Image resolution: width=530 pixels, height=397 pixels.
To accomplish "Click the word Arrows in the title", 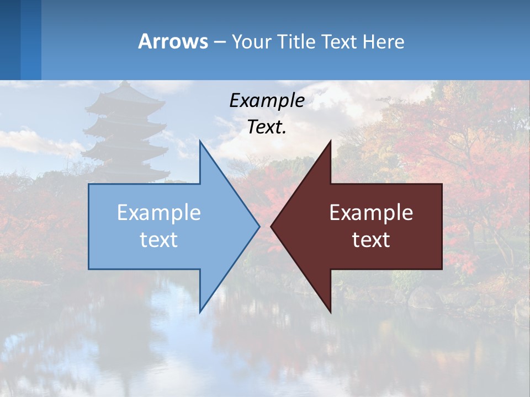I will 173,41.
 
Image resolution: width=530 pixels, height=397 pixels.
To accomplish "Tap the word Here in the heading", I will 383,41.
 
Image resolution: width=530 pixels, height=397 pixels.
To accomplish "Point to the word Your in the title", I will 251,41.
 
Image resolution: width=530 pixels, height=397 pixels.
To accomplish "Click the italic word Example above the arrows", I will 267,100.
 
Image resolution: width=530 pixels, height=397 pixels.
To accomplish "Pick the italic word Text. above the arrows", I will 267,127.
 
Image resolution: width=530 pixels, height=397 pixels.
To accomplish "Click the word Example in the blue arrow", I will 159,213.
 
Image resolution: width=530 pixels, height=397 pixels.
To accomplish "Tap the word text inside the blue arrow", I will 159,240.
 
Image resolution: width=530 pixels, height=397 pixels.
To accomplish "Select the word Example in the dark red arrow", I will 371,213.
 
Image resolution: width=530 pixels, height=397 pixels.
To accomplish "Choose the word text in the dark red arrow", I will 371,240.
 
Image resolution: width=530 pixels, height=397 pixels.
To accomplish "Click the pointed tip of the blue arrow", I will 258,226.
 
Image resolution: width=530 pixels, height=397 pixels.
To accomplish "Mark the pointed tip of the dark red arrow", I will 272,226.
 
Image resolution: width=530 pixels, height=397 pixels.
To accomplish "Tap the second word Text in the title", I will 340,41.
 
